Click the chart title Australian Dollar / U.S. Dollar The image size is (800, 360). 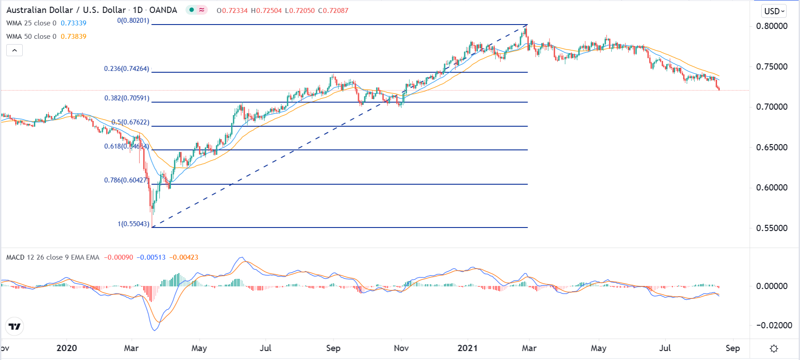66,10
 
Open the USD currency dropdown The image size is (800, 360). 774,11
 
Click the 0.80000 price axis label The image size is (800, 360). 771,26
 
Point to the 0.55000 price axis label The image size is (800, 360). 771,228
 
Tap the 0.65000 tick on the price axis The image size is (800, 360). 771,147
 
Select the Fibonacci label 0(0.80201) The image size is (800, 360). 133,21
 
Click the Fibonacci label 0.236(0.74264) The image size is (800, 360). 127,69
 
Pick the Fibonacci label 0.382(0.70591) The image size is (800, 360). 127,98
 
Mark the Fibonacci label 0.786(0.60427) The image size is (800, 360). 125,180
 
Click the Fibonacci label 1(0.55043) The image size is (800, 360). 133,224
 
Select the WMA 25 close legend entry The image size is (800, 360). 31,23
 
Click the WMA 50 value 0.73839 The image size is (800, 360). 74,37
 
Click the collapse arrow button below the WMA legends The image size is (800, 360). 14,50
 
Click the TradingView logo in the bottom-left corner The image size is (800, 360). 14,327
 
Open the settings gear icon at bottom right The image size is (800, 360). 774,348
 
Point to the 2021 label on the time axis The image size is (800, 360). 467,348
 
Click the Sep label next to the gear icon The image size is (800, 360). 732,348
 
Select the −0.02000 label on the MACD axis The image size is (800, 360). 774,325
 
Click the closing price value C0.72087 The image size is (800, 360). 333,10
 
